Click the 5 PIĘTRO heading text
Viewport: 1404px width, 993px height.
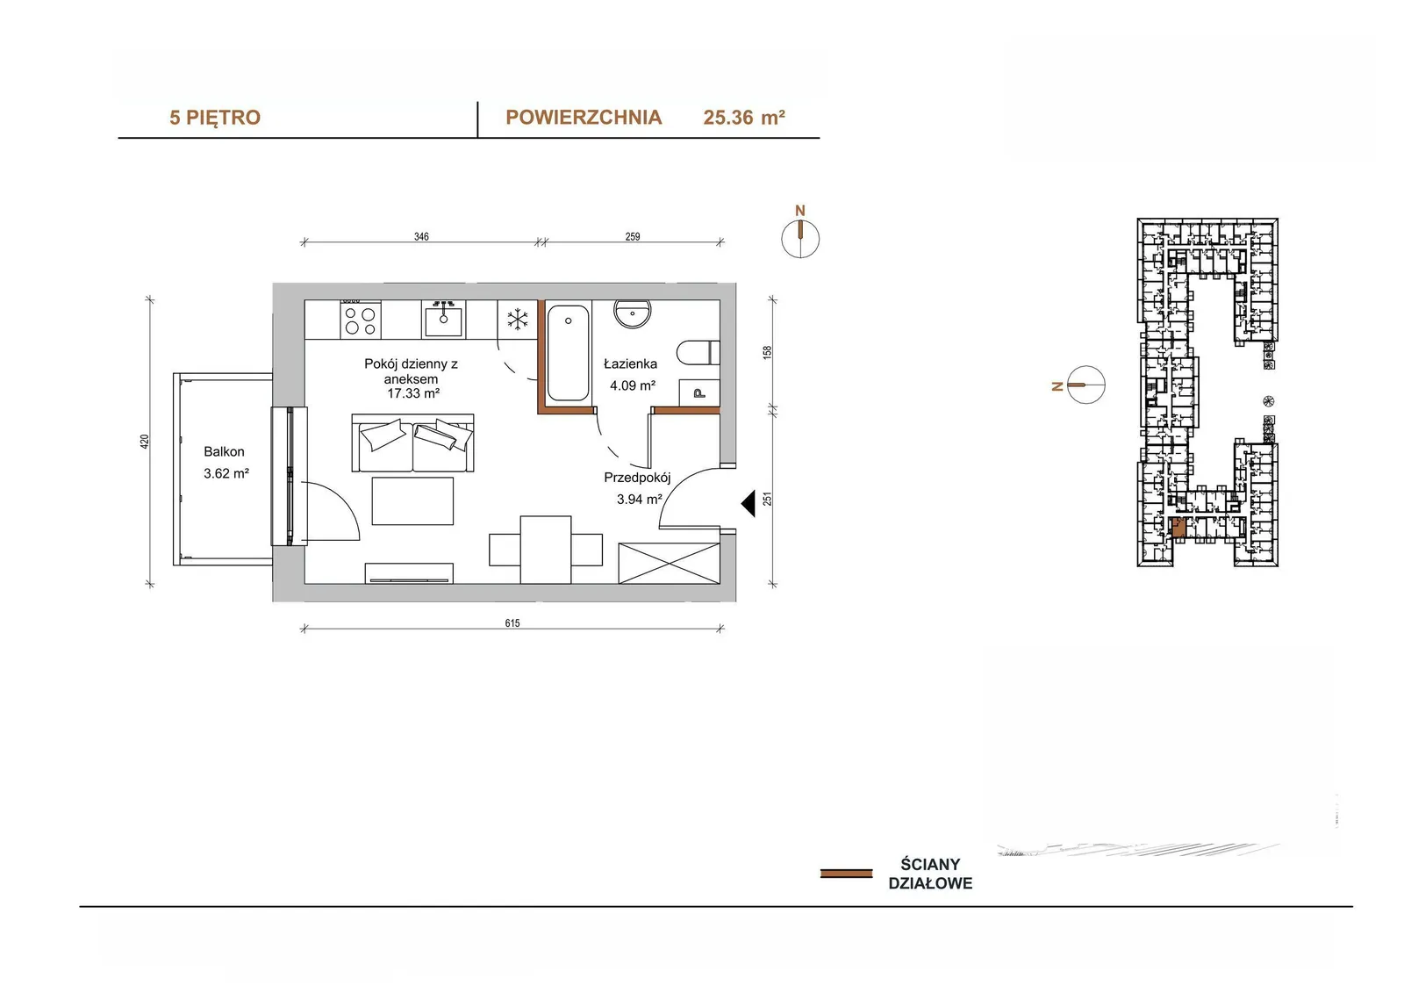(x=215, y=118)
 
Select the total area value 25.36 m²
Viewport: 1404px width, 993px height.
(x=744, y=118)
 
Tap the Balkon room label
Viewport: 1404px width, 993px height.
(x=224, y=451)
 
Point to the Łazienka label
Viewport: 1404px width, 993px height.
(x=630, y=363)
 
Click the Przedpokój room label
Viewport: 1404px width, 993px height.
(x=637, y=478)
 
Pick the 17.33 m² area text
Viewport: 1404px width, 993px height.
(x=413, y=393)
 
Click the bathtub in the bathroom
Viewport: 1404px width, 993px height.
(x=568, y=353)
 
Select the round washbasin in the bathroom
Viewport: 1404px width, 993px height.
(x=633, y=313)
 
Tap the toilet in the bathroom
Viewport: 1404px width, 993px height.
(x=698, y=353)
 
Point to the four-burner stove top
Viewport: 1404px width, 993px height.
(x=361, y=320)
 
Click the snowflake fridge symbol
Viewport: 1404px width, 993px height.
(x=518, y=320)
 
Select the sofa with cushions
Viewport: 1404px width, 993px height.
(x=412, y=443)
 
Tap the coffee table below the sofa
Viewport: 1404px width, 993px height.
(x=412, y=500)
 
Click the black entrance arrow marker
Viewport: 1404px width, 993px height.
(x=748, y=504)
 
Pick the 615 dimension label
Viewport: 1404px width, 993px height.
(x=512, y=622)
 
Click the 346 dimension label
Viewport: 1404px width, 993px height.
(x=421, y=236)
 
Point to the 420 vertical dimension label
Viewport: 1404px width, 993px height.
(x=145, y=442)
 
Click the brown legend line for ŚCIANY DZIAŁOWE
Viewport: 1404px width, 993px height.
(x=846, y=874)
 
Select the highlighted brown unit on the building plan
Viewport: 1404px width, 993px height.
(x=1178, y=528)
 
